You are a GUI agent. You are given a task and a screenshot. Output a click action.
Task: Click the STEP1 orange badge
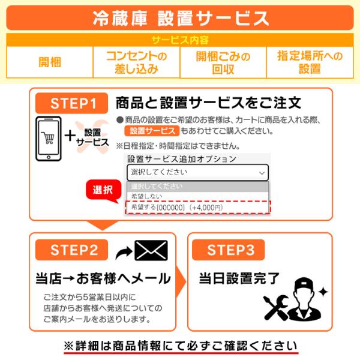[x=71, y=103]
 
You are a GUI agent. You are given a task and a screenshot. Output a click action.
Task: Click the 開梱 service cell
[x=50, y=62]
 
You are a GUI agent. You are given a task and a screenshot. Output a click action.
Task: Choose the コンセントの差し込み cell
[x=136, y=62]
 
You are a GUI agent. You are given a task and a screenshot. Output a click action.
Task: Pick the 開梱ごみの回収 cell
[x=223, y=62]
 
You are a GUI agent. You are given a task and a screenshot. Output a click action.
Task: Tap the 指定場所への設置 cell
[x=310, y=62]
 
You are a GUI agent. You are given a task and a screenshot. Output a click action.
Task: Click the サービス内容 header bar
[x=179, y=40]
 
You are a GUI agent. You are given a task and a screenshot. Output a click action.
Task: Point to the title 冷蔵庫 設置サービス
[x=180, y=18]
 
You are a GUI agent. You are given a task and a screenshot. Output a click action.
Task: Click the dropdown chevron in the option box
[x=261, y=173]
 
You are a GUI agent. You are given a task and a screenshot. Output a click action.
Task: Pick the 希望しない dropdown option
[x=143, y=196]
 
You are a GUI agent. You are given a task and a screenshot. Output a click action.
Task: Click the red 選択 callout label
[x=103, y=191]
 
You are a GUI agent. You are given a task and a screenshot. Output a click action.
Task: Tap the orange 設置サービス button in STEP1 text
[x=151, y=131]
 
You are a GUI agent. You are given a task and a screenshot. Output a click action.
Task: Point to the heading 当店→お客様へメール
[x=103, y=278]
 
